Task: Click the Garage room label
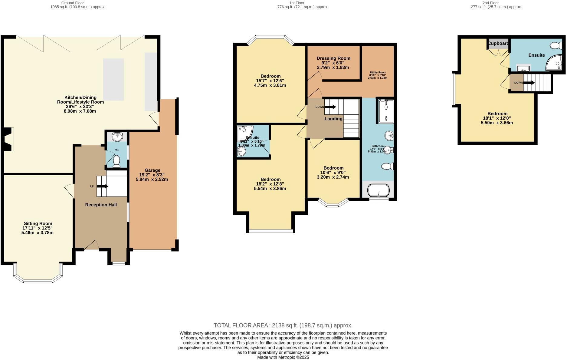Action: [152, 170]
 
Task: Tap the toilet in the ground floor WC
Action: [116, 161]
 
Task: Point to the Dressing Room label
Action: [333, 58]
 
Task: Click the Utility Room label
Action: [378, 73]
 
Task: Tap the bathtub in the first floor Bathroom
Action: [378, 191]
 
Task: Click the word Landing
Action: [333, 119]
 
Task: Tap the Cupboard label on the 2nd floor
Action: [498, 43]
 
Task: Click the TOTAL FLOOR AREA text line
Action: [283, 325]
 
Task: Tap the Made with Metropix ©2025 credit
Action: [283, 357]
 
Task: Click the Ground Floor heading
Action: [73, 3]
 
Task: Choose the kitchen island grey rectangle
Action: [113, 79]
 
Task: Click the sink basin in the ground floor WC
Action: [117, 137]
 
